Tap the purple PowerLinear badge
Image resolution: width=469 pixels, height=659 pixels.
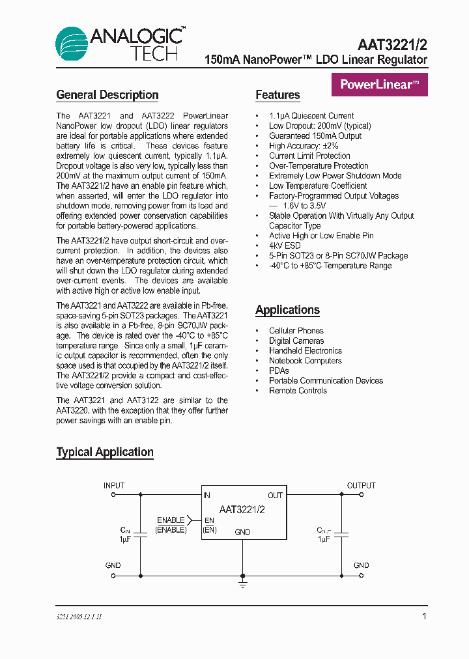click(380, 84)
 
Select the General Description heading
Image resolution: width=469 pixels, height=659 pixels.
click(107, 95)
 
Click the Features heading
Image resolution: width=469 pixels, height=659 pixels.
click(277, 95)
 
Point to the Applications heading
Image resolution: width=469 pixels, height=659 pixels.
click(287, 310)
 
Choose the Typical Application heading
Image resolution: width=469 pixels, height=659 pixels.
click(105, 452)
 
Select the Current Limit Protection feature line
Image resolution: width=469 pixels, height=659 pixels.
click(309, 156)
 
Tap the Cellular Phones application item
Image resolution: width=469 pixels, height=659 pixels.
click(296, 331)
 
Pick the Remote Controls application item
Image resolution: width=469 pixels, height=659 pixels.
click(298, 391)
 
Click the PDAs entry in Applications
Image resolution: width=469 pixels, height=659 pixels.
click(279, 371)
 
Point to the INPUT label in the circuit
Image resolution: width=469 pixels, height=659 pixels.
click(114, 486)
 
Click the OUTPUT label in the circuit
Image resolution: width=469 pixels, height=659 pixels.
click(361, 486)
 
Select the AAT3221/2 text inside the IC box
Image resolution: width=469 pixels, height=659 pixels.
click(242, 510)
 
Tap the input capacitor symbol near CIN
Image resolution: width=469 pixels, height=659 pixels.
click(141, 533)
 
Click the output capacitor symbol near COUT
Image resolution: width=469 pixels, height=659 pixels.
click(341, 533)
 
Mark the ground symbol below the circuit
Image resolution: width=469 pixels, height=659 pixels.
click(242, 584)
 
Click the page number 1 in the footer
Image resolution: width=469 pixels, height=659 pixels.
click(425, 616)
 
